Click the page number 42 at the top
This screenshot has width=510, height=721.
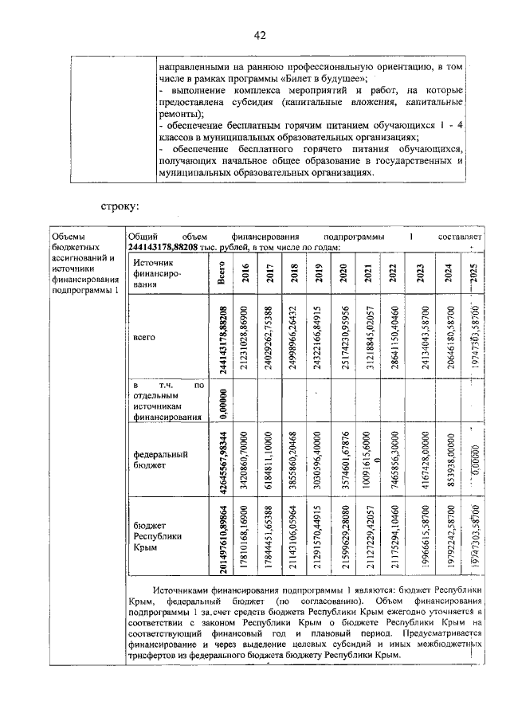click(x=259, y=35)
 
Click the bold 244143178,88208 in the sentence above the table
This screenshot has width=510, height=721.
click(x=173, y=248)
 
